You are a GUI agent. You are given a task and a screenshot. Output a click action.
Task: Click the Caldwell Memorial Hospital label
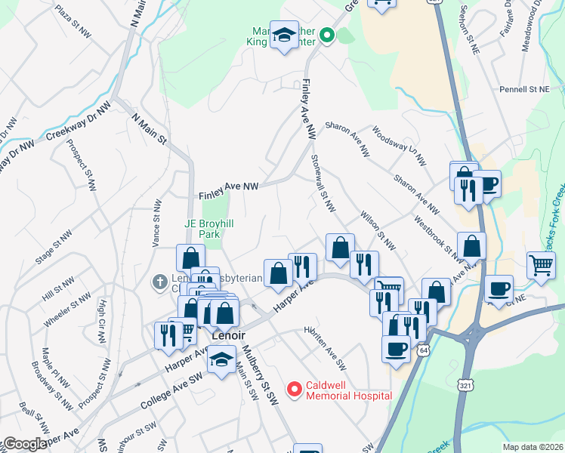(x=348, y=390)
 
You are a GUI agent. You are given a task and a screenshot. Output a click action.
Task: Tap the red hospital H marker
(x=295, y=390)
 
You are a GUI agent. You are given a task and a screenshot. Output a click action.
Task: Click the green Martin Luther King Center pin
(x=327, y=35)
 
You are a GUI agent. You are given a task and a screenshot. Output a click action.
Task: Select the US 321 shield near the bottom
(x=465, y=385)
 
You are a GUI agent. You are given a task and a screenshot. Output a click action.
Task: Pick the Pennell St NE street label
(x=524, y=89)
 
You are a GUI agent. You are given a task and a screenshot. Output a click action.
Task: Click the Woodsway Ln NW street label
(x=398, y=147)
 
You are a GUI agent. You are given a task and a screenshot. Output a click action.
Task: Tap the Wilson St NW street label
(x=377, y=230)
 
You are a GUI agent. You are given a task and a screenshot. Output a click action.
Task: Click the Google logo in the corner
(x=24, y=444)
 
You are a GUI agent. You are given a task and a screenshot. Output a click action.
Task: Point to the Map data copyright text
(x=533, y=447)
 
